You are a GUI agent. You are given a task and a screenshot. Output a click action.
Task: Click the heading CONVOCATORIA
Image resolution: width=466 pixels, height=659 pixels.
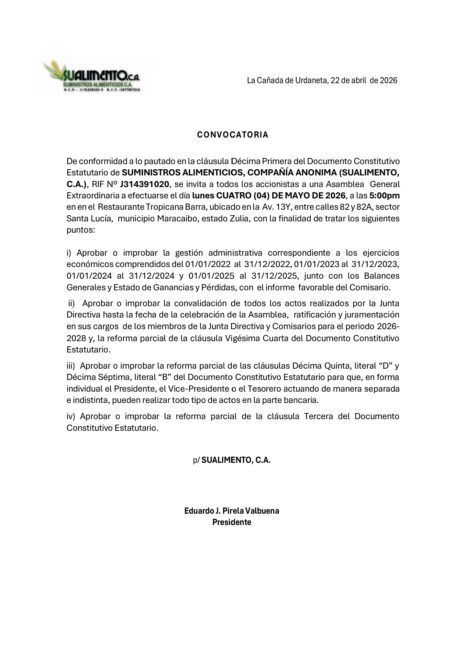pyautogui.click(x=233, y=135)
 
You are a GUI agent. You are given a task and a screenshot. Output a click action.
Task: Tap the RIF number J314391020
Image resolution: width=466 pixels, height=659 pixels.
pyautogui.click(x=144, y=184)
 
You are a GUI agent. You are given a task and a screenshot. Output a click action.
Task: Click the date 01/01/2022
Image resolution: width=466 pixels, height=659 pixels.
pyautogui.click(x=208, y=264)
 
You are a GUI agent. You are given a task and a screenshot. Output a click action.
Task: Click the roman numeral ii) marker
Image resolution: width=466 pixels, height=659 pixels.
pyautogui.click(x=71, y=304)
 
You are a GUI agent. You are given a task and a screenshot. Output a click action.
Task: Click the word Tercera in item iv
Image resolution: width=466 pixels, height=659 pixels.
pyautogui.click(x=318, y=416)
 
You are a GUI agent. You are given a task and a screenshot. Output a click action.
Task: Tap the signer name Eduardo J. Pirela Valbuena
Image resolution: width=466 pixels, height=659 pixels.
pyautogui.click(x=232, y=511)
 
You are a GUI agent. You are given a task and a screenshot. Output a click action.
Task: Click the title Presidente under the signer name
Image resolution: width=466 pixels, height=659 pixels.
pyautogui.click(x=232, y=522)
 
